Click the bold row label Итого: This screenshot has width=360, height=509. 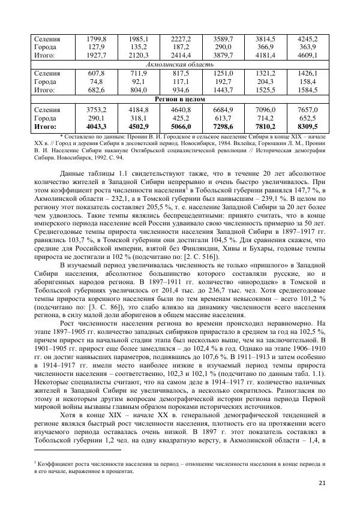(x=46, y=127)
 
